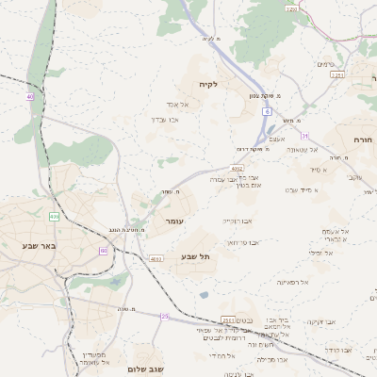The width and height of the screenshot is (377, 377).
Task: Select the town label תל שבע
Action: [195, 256]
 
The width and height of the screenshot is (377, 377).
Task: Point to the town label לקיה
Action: [208, 84]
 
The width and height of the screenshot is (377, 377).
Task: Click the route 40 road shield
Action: [30, 96]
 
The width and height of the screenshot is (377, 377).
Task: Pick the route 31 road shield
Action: [304, 136]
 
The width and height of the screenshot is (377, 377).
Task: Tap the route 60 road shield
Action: [103, 250]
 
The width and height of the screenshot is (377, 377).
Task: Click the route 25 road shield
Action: [164, 317]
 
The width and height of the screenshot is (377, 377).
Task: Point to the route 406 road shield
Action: [54, 217]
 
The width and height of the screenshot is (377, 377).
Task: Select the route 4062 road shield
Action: [238, 169]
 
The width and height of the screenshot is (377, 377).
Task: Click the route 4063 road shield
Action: [156, 258]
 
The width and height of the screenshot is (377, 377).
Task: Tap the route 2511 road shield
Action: [228, 320]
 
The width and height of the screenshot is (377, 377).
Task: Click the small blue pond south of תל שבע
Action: [204, 295]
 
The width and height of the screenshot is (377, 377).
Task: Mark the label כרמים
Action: [326, 64]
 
